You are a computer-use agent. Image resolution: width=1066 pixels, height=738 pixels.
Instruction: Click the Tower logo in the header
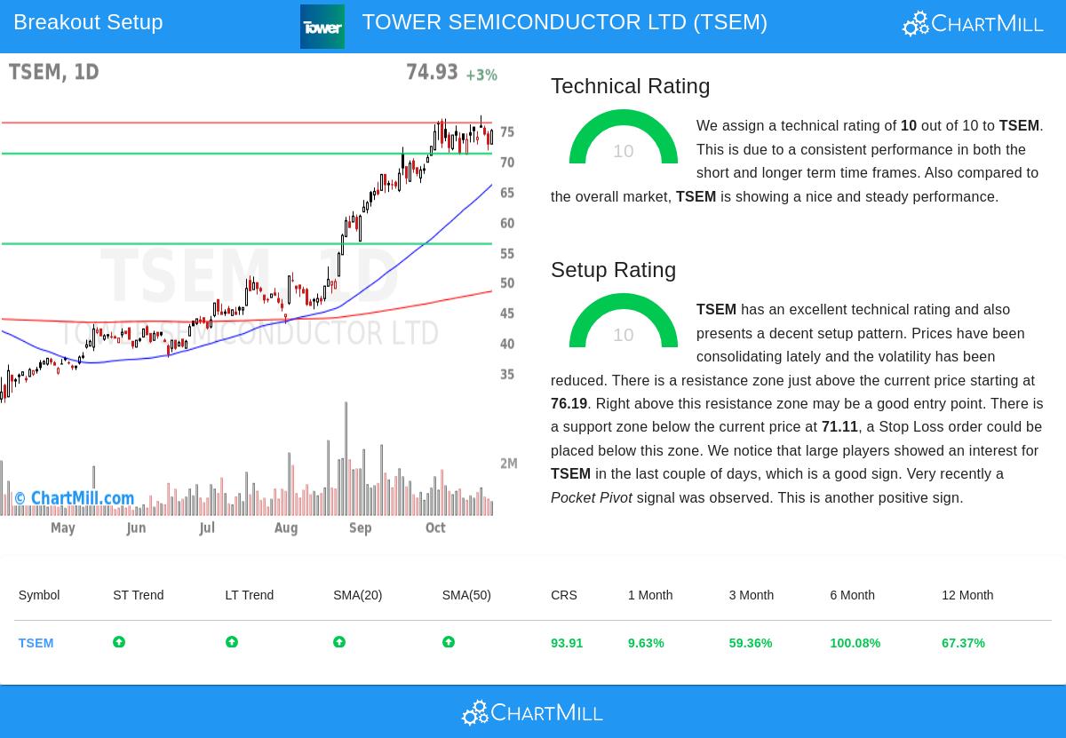point(322,27)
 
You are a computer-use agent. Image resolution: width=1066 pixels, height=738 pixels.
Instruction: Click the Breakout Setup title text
point(88,22)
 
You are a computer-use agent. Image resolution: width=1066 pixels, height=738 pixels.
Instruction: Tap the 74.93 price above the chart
point(432,72)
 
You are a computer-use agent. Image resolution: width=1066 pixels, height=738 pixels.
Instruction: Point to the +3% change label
point(481,75)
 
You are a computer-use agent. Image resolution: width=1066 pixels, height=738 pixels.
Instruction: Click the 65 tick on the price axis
point(507,193)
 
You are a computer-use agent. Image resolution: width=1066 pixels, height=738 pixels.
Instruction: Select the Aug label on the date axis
point(286,528)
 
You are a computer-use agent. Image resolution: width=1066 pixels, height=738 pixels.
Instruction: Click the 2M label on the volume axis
point(509,464)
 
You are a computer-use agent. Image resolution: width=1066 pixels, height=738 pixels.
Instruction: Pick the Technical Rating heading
point(630,86)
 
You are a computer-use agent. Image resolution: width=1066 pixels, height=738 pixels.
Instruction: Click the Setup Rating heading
point(613,270)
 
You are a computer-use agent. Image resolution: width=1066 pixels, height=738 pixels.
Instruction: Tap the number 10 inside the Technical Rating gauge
point(624,151)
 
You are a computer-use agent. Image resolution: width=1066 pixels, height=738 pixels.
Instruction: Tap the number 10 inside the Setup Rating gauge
point(624,335)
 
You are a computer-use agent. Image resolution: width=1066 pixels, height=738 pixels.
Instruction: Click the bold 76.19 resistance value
point(569,404)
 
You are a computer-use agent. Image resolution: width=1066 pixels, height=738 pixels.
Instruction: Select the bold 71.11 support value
point(839,427)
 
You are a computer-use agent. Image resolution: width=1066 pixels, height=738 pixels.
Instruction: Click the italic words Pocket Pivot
point(592,498)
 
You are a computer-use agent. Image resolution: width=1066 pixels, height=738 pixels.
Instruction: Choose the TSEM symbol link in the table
point(36,643)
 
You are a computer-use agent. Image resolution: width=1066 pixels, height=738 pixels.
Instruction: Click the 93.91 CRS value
point(567,643)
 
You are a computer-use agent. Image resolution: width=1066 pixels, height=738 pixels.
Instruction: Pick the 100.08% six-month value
point(855,643)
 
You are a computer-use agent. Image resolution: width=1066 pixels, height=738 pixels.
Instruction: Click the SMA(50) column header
point(466,595)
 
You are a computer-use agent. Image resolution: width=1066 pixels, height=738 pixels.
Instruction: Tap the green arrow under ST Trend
point(119,642)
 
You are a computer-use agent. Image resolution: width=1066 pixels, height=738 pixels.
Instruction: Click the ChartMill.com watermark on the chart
point(75,498)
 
